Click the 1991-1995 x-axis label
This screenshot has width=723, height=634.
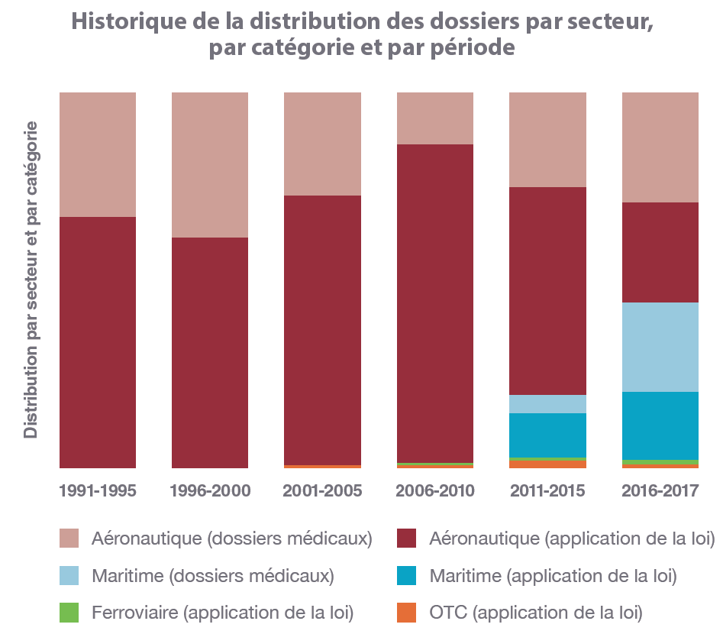[x=98, y=490]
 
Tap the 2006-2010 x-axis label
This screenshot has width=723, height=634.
[x=435, y=490]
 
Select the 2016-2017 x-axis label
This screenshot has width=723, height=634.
[x=660, y=490]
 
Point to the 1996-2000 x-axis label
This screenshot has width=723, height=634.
[x=210, y=490]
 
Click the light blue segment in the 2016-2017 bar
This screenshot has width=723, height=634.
[x=660, y=347]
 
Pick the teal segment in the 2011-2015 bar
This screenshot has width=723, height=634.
[x=547, y=435]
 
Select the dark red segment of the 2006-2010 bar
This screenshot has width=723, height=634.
[x=435, y=302]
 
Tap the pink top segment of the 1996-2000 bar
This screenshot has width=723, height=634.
[x=210, y=164]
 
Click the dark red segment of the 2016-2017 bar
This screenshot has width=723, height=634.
[x=660, y=252]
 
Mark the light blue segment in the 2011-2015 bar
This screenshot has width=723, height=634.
[x=547, y=404]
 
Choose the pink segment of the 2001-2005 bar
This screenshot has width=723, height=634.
[x=322, y=144]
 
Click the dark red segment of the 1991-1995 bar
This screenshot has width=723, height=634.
[x=98, y=341]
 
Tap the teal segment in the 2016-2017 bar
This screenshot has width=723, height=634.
[x=660, y=425]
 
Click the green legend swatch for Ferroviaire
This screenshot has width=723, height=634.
[x=69, y=612]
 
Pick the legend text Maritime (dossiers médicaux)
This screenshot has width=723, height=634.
[x=212, y=575]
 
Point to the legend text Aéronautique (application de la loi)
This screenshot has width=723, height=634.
[x=572, y=539]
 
